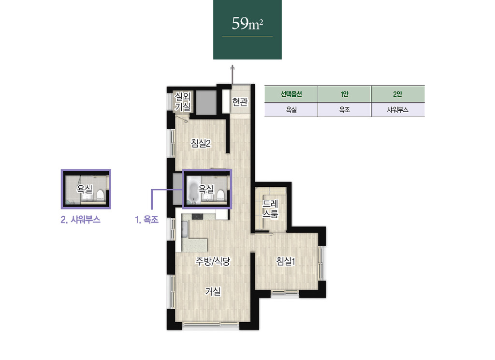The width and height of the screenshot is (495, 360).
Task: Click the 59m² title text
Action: pyautogui.click(x=247, y=23)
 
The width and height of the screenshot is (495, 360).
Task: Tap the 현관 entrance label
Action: pyautogui.click(x=240, y=102)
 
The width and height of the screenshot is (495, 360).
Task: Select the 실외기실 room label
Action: pyautogui.click(x=183, y=102)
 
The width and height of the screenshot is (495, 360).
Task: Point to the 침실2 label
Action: pyautogui.click(x=201, y=143)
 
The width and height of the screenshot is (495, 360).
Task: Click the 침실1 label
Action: pyautogui.click(x=286, y=261)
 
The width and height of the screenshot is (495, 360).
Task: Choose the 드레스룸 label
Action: pyautogui.click(x=271, y=209)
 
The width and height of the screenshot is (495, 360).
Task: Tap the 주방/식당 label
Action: pyautogui.click(x=213, y=261)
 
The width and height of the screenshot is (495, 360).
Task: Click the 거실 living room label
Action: pyautogui.click(x=213, y=291)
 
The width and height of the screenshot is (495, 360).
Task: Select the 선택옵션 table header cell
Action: pyautogui.click(x=291, y=94)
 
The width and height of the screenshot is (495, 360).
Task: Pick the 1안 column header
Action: pyautogui.click(x=344, y=94)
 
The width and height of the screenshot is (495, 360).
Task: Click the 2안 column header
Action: pyautogui.click(x=398, y=94)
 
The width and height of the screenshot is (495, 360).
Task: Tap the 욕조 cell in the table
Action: pyautogui.click(x=344, y=110)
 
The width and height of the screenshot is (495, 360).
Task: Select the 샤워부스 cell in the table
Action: pyautogui.click(x=398, y=110)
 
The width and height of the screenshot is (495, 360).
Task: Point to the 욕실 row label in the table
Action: pyautogui.click(x=291, y=110)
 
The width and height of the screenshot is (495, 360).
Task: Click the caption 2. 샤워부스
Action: pyautogui.click(x=81, y=219)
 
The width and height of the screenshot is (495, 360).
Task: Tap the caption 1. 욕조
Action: pyautogui.click(x=147, y=219)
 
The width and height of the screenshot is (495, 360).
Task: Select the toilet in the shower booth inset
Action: pyautogui.click(x=100, y=195)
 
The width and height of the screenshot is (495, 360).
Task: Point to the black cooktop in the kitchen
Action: pyautogui.click(x=198, y=216)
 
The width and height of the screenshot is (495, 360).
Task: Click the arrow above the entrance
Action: pyautogui.click(x=233, y=75)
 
